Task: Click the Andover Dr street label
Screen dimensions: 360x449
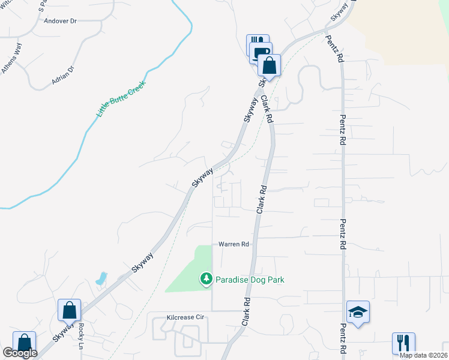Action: [61, 21]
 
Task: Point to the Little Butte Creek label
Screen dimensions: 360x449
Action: [122, 95]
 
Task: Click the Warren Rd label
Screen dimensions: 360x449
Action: [234, 244]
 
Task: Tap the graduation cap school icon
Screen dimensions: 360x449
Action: [358, 312]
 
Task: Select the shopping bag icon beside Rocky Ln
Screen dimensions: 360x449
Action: [69, 310]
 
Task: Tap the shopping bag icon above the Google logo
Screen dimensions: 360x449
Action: [24, 343]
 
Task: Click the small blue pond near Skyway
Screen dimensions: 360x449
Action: [101, 278]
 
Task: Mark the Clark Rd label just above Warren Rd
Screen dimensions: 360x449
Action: [261, 200]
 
